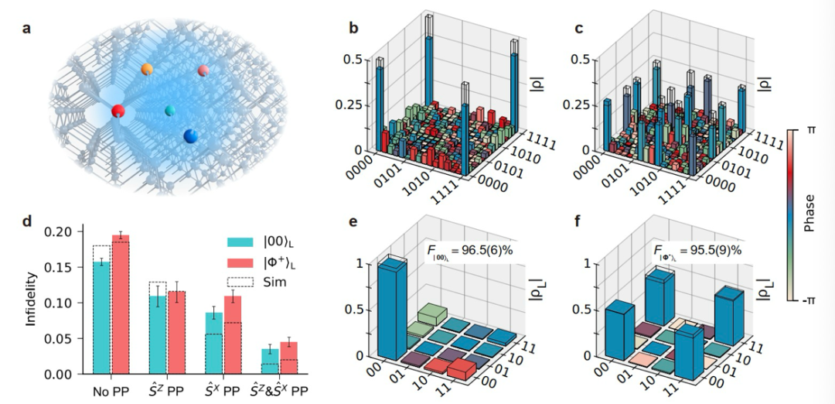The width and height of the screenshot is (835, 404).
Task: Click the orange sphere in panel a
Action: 147,70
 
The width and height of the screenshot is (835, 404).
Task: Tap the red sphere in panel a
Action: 118,111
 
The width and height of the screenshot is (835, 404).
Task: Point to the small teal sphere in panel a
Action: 170,111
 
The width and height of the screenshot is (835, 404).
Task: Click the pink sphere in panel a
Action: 203,71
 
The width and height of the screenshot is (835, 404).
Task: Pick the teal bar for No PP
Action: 101,317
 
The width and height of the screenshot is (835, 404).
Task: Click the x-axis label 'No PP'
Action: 111,390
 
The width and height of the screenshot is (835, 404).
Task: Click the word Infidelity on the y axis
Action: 30,303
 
